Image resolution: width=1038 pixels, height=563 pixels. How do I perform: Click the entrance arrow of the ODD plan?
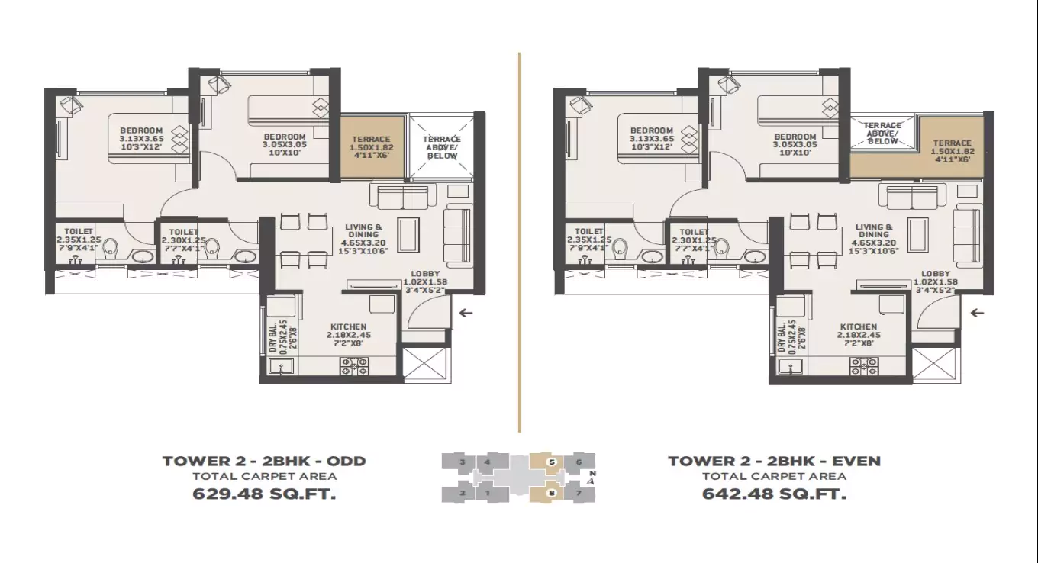click(x=466, y=312)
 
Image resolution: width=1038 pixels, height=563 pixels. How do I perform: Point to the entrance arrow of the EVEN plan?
click(x=976, y=312)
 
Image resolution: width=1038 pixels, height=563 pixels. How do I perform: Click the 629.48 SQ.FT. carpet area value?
click(x=264, y=494)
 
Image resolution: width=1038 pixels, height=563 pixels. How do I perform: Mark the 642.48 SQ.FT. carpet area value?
click(x=774, y=494)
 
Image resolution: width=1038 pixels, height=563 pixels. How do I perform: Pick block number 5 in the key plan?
click(x=551, y=462)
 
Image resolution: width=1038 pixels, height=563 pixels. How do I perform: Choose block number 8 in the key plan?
click(x=551, y=493)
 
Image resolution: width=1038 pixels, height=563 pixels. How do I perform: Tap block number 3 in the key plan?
click(x=462, y=462)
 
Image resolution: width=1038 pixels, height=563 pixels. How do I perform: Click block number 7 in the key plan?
click(x=580, y=493)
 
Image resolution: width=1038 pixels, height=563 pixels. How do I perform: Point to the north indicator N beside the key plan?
click(x=592, y=476)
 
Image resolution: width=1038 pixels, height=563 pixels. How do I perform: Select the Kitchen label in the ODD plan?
click(x=348, y=334)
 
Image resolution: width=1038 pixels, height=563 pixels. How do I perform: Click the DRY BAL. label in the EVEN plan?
click(x=785, y=335)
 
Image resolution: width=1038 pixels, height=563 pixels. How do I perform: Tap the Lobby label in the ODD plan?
click(x=425, y=281)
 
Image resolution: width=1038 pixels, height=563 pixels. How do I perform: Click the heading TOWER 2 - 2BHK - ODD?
click(x=264, y=461)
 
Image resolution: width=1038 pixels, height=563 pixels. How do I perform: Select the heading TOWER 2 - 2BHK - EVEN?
click(x=774, y=461)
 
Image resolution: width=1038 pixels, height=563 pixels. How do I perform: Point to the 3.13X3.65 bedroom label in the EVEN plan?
click(x=651, y=139)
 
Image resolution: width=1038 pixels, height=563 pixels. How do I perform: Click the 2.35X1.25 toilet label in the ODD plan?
click(x=77, y=240)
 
